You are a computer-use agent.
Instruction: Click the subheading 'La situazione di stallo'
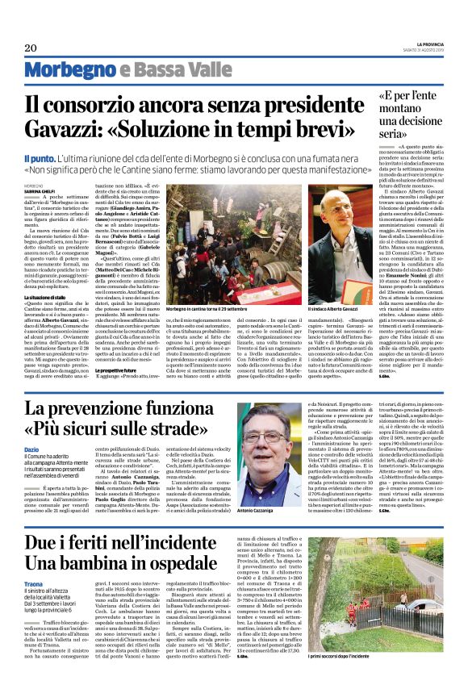click(48, 274)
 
